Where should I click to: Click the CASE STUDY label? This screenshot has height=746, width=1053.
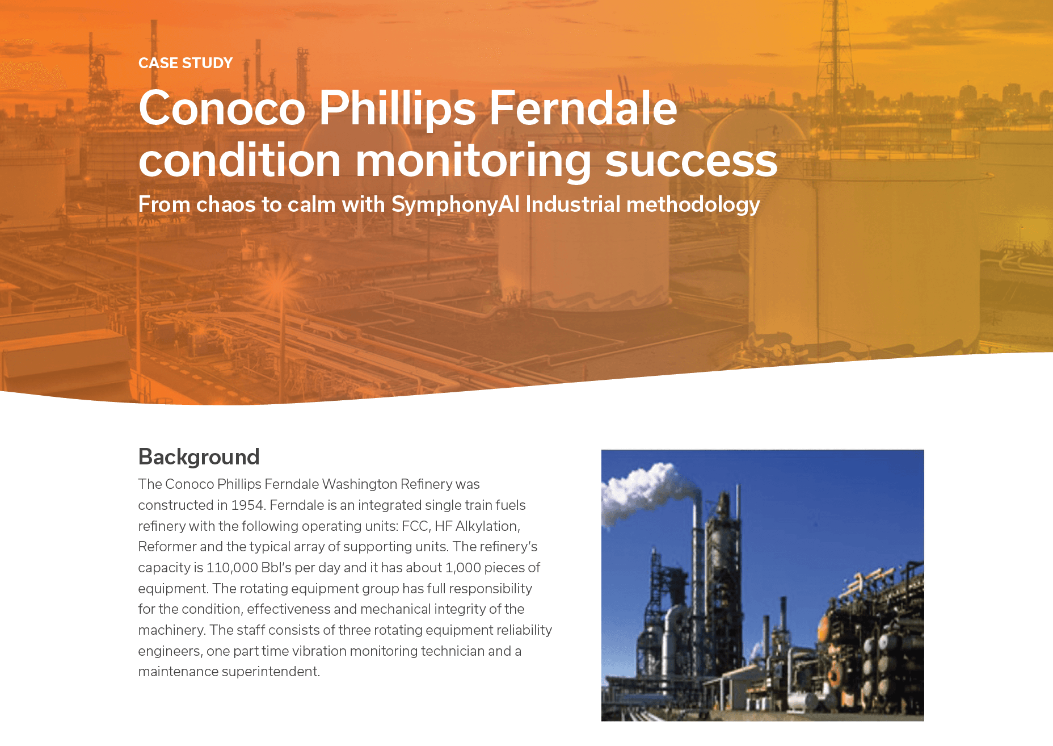pos(186,63)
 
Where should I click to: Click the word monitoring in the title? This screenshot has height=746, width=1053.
pos(474,161)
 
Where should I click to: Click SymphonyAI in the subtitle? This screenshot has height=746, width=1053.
pos(456,205)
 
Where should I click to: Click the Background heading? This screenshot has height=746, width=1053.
pos(199,457)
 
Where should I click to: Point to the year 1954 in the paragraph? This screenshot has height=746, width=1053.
pos(247,505)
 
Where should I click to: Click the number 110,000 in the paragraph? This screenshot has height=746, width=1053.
pos(232,568)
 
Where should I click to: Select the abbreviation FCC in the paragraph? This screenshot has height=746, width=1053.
pos(415,526)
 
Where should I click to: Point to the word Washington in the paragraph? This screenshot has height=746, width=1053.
pos(360,484)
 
